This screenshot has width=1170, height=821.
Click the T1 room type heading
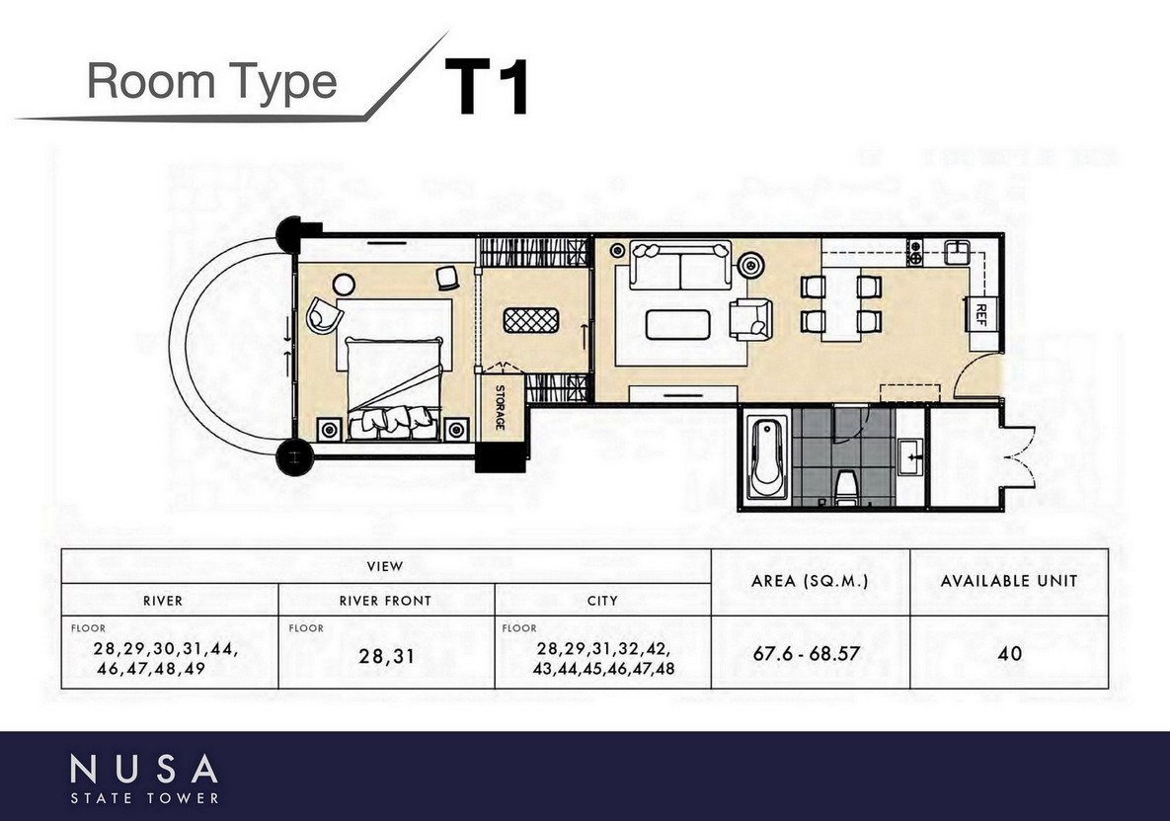(487, 87)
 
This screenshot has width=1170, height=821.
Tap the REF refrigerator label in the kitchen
(981, 315)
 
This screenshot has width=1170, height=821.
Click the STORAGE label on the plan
(500, 407)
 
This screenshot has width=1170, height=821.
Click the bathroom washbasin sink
(910, 456)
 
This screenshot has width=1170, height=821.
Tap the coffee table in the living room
(677, 325)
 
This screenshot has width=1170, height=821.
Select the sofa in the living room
(679, 264)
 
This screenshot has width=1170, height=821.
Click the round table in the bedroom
(344, 285)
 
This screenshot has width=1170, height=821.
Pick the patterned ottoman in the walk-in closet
(531, 320)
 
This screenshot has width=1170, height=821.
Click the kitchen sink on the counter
(956, 252)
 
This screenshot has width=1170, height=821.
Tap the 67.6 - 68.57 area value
(806, 654)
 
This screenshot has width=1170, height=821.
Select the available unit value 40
(1009, 654)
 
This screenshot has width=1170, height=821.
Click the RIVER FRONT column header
(385, 601)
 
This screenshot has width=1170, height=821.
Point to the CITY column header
(602, 601)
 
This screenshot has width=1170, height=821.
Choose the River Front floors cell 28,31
(386, 657)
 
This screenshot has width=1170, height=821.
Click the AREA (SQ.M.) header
(810, 581)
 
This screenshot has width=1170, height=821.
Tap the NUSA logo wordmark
(144, 769)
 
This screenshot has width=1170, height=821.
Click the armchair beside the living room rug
(752, 320)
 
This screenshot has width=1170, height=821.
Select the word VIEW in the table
(385, 566)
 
